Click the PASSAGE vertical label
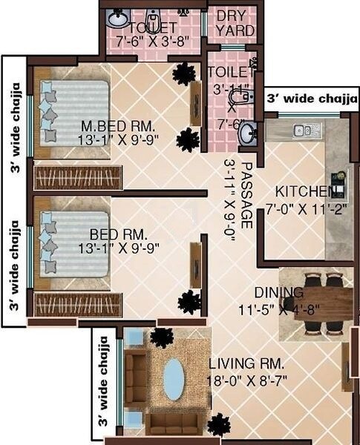click(248, 194)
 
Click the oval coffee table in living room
click(174, 379)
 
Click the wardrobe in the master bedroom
click(78, 178)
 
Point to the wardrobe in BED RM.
click(78, 305)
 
